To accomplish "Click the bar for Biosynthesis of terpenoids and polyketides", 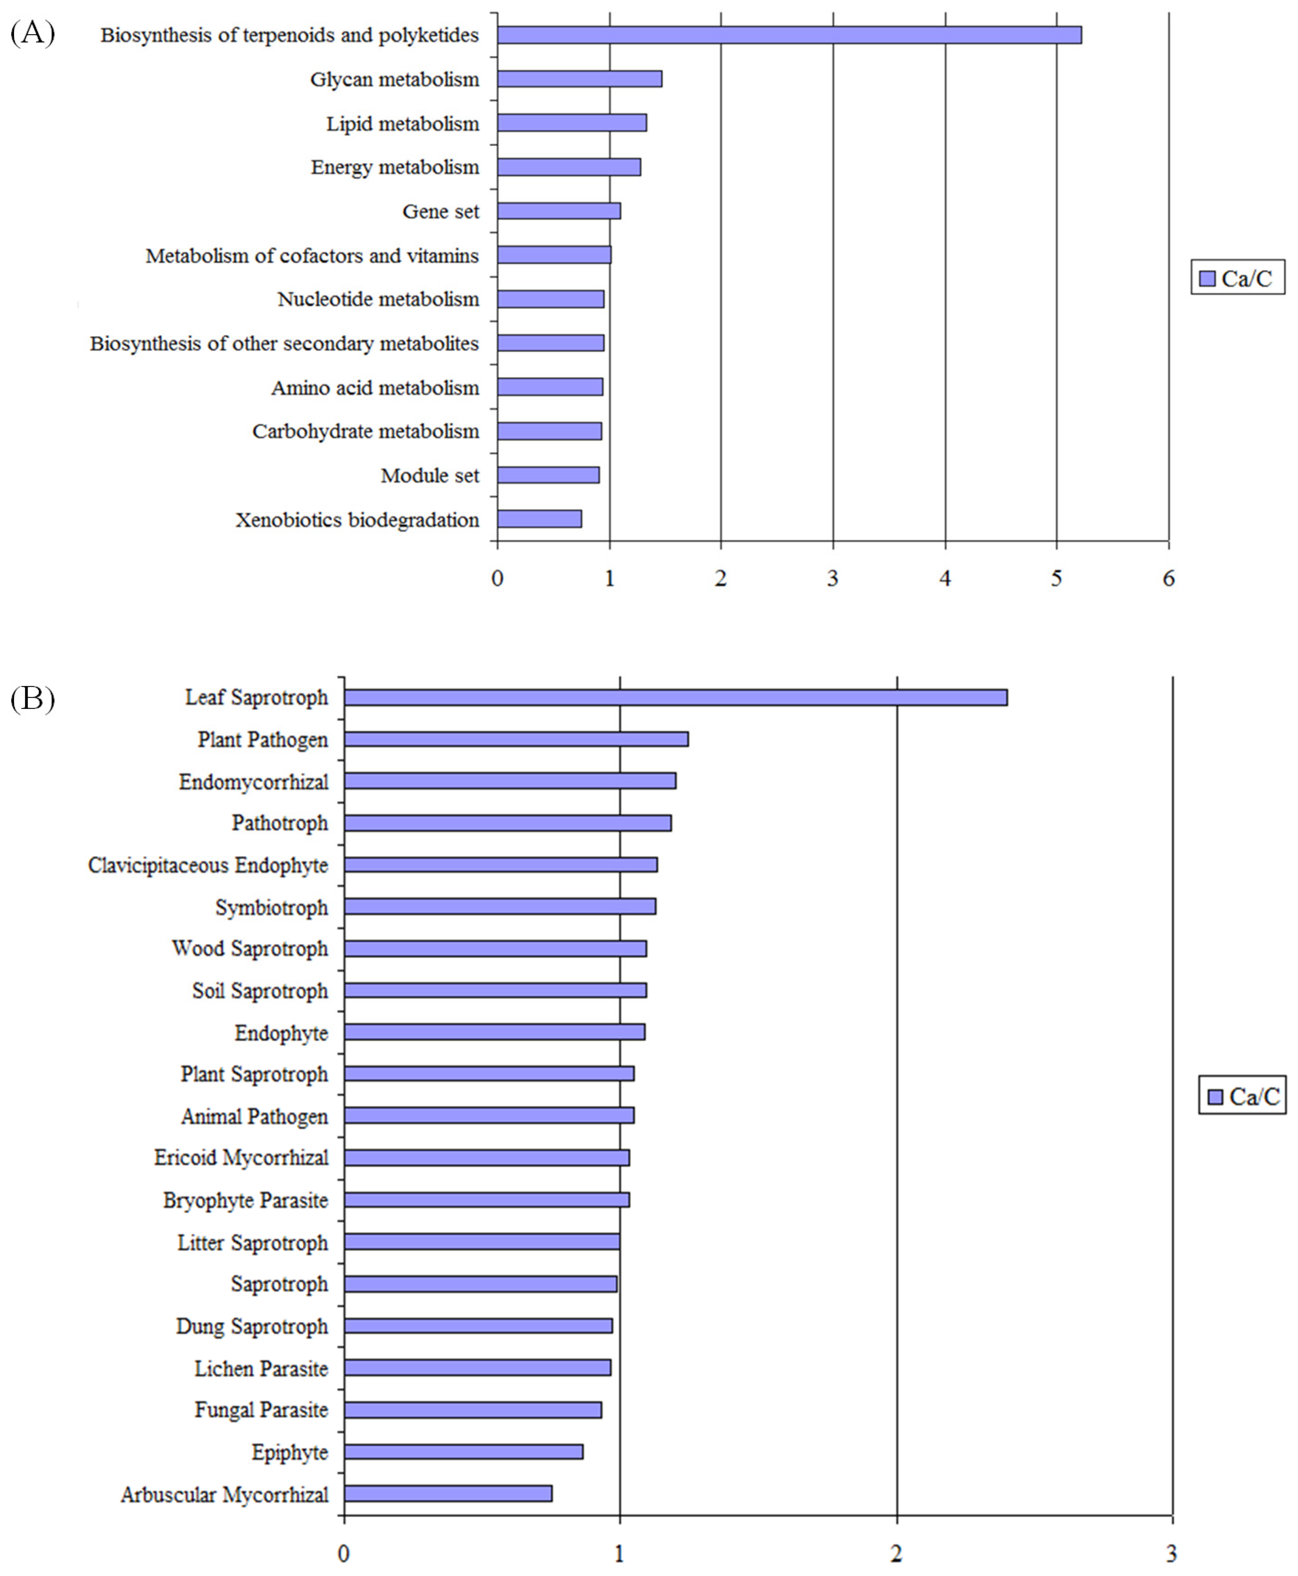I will (x=789, y=35).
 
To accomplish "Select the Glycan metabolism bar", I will (x=579, y=79).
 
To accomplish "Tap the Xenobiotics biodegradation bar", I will (x=539, y=519).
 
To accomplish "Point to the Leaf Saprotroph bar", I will (x=675, y=697).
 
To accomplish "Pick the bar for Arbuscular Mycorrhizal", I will (x=448, y=1494).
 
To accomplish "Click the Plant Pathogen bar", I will (x=516, y=739).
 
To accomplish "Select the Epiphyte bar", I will (x=464, y=1452).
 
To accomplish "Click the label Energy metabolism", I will (x=395, y=167).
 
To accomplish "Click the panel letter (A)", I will (x=32, y=34).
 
